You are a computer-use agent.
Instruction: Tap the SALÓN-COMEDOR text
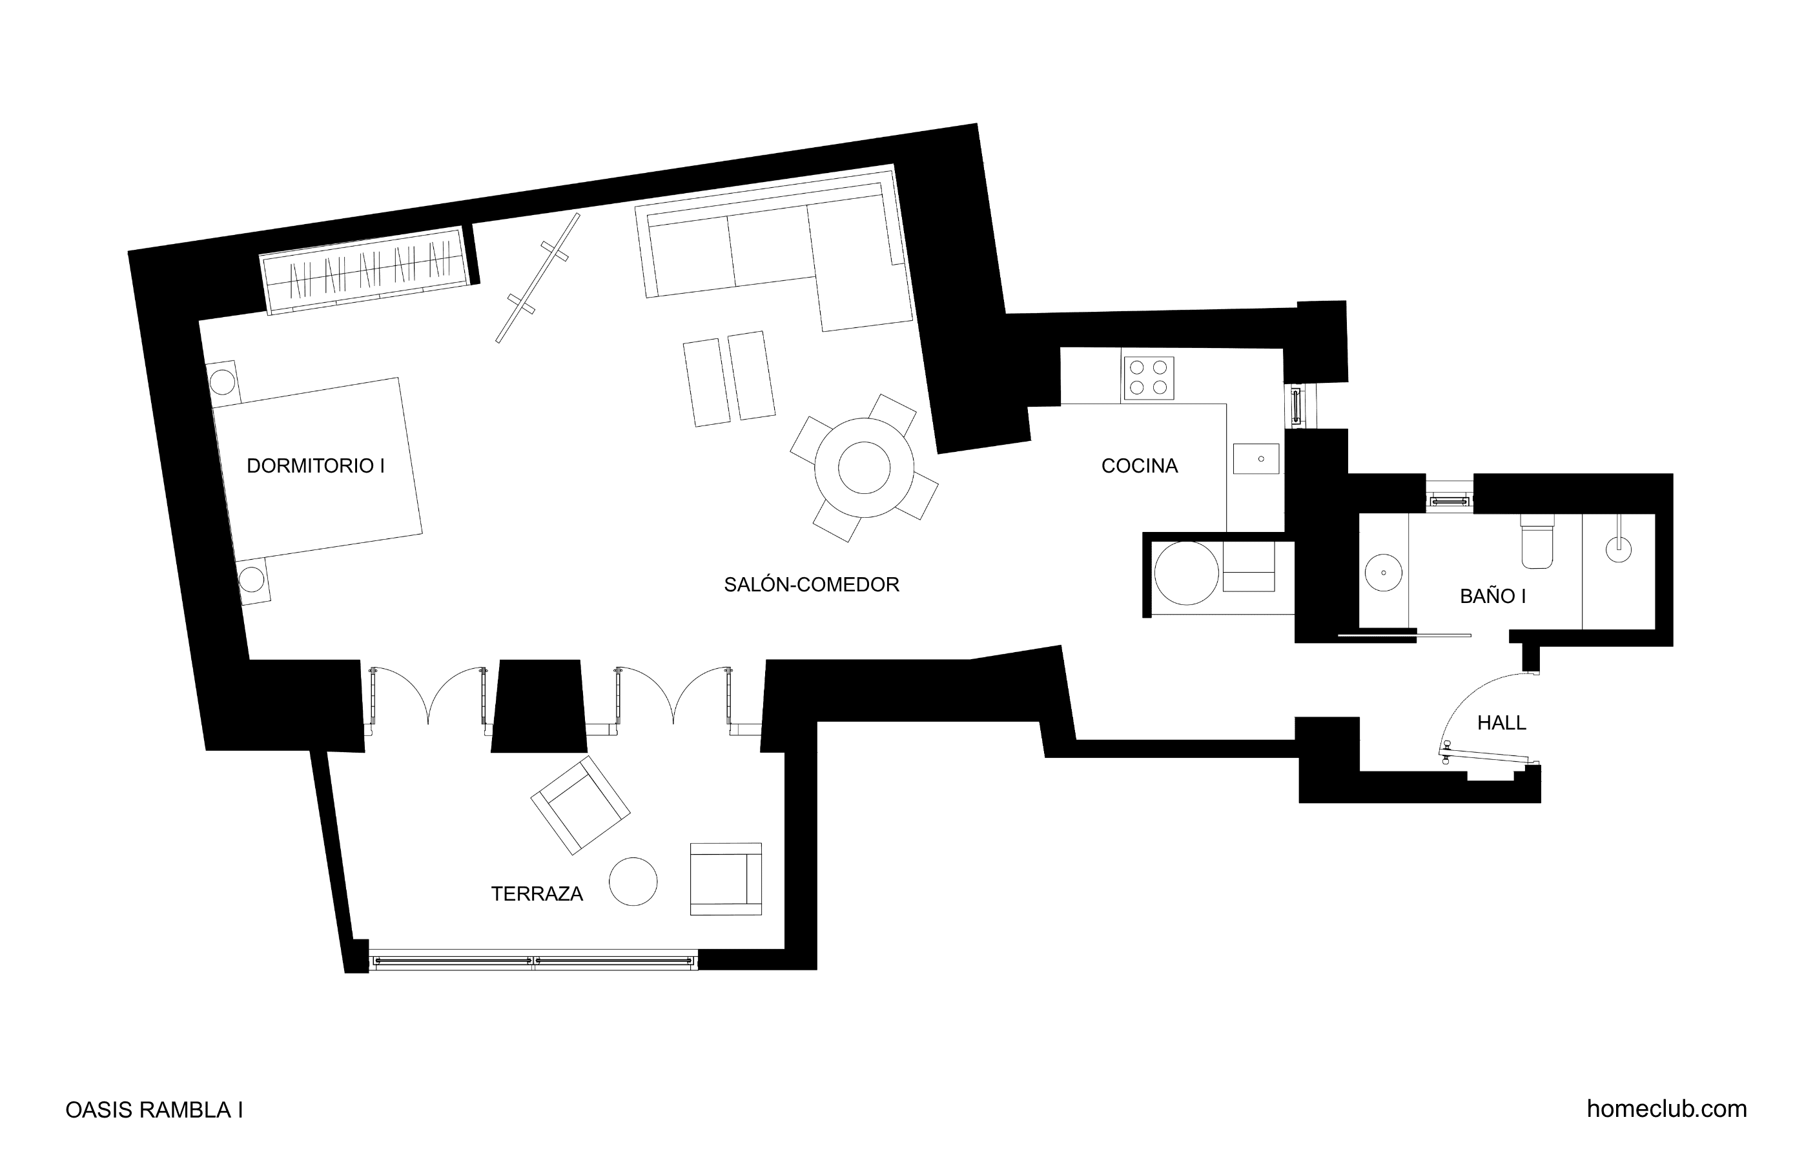click(811, 584)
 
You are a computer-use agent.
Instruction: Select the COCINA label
click(1139, 466)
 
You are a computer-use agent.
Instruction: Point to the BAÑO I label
click(1493, 597)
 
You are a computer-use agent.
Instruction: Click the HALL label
click(1502, 723)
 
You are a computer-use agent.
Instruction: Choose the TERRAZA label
click(537, 894)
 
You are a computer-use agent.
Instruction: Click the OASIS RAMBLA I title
click(154, 1110)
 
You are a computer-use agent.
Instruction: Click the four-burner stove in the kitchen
click(1149, 378)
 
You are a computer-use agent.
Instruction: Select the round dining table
click(864, 467)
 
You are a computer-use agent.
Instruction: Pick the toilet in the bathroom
click(1537, 540)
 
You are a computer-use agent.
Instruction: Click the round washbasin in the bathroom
click(1383, 573)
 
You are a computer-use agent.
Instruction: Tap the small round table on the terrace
click(633, 882)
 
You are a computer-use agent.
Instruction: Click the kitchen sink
click(1256, 458)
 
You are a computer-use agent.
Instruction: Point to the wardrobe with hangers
click(364, 271)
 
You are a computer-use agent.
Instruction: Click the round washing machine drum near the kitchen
click(1186, 573)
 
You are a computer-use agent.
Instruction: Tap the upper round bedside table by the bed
click(222, 382)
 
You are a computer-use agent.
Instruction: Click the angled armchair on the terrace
click(580, 805)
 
